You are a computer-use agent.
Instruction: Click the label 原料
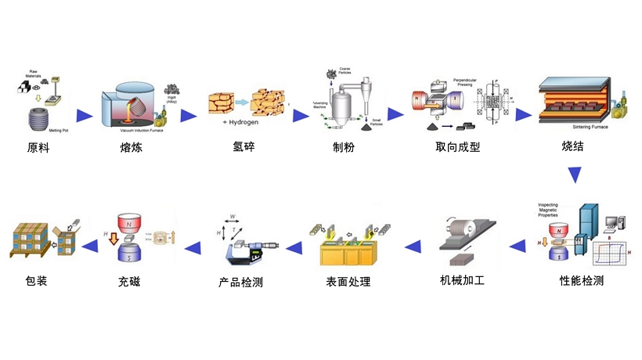click(x=38, y=147)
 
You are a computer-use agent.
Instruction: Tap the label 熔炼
click(x=131, y=147)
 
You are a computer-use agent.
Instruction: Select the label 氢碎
click(x=244, y=147)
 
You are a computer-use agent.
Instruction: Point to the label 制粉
click(x=344, y=147)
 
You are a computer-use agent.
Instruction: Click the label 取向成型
click(x=458, y=147)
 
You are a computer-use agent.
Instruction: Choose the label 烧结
click(x=573, y=147)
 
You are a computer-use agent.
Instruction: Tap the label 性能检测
click(x=582, y=280)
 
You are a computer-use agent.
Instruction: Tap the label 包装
click(x=37, y=280)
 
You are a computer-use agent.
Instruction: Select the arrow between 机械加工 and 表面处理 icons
click(x=409, y=247)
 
